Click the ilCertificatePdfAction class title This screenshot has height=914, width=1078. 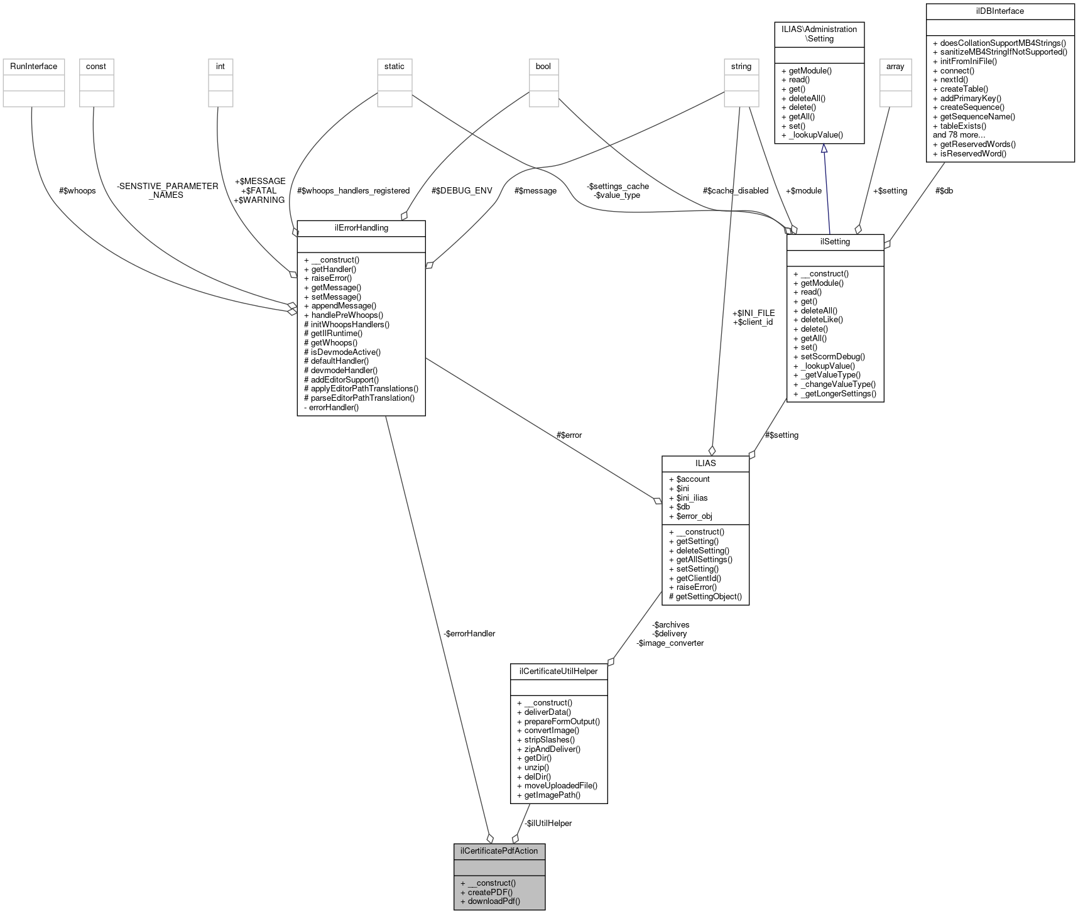click(499, 851)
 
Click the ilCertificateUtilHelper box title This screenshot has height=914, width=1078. click(558, 671)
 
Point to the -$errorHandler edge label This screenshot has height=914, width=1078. click(469, 633)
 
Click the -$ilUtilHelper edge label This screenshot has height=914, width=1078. click(548, 823)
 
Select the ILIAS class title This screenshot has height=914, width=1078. click(705, 463)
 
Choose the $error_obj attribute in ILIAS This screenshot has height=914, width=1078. click(694, 516)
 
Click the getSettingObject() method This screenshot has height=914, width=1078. click(709, 596)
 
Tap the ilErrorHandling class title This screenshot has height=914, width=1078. click(361, 227)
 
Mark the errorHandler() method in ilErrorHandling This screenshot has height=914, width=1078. click(334, 407)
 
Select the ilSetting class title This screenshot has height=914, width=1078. click(835, 241)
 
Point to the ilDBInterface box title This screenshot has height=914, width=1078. click(1000, 11)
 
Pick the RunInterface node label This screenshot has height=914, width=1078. click(34, 66)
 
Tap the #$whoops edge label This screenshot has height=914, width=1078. click(77, 190)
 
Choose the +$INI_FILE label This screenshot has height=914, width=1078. click(753, 313)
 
